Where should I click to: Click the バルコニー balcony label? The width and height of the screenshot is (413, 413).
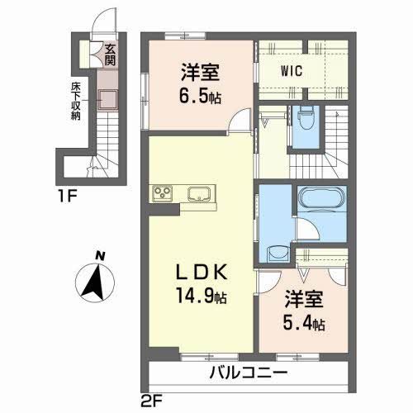(247, 372)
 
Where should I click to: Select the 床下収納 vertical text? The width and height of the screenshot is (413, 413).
(74, 100)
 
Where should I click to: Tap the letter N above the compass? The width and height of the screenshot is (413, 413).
(98, 255)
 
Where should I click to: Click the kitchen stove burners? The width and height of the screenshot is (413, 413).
(163, 194)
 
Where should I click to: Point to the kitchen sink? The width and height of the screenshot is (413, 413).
(199, 195)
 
